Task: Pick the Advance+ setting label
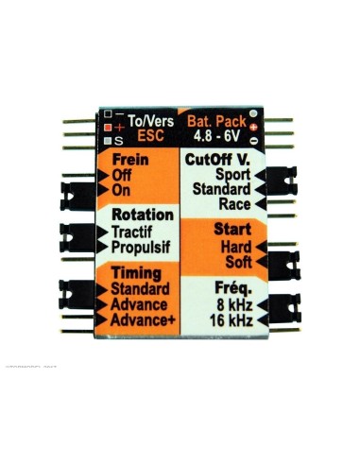coord(140,321)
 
